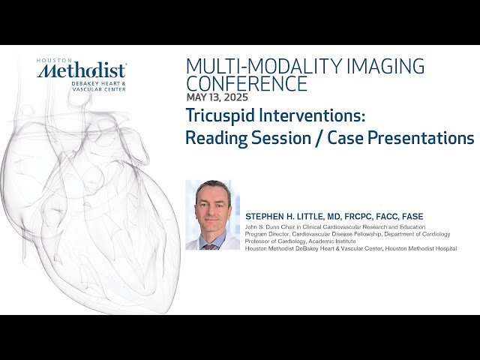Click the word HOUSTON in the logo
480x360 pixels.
[x=52, y=59]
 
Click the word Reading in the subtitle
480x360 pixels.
[x=217, y=139]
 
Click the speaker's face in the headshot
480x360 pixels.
[x=211, y=200]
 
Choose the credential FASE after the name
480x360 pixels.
[x=409, y=217]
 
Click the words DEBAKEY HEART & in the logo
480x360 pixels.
[x=102, y=82]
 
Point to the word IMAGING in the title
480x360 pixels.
[x=382, y=66]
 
